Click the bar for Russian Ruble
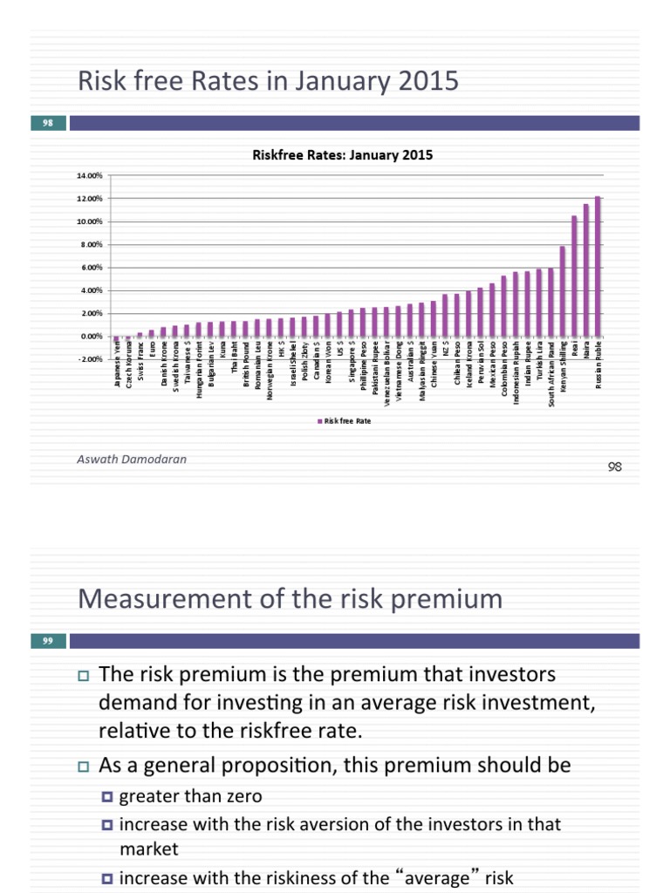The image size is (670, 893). click(x=598, y=266)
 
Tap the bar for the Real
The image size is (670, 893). click(x=574, y=276)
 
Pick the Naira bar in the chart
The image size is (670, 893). click(x=586, y=269)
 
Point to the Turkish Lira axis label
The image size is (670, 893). click(x=539, y=370)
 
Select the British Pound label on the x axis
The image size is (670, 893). click(x=246, y=370)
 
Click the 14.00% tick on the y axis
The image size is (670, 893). click(x=90, y=175)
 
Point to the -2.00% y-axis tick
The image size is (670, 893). click(x=90, y=358)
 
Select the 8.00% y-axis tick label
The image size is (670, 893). click(x=91, y=244)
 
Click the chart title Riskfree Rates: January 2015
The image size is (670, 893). click(x=342, y=156)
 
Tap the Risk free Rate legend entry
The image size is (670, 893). click(x=345, y=420)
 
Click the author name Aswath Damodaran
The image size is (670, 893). click(x=132, y=459)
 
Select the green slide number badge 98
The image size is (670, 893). click(x=47, y=124)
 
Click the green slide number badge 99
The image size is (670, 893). click(x=47, y=642)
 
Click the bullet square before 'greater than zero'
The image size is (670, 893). click(x=107, y=795)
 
